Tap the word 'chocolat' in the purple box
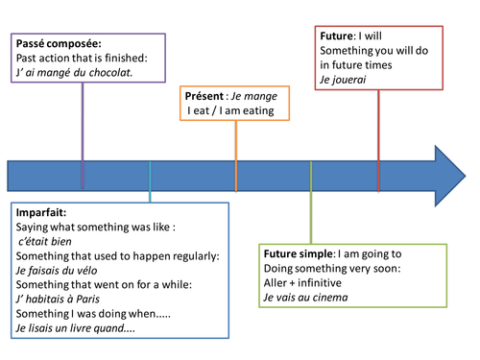[107, 72]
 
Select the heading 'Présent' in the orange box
[204, 96]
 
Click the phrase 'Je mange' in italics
[251, 96]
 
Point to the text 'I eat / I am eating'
[230, 111]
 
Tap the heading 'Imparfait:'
[41, 211]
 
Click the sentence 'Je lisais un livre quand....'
[75, 328]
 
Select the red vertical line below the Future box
[378, 134]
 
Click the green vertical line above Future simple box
[310, 216]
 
